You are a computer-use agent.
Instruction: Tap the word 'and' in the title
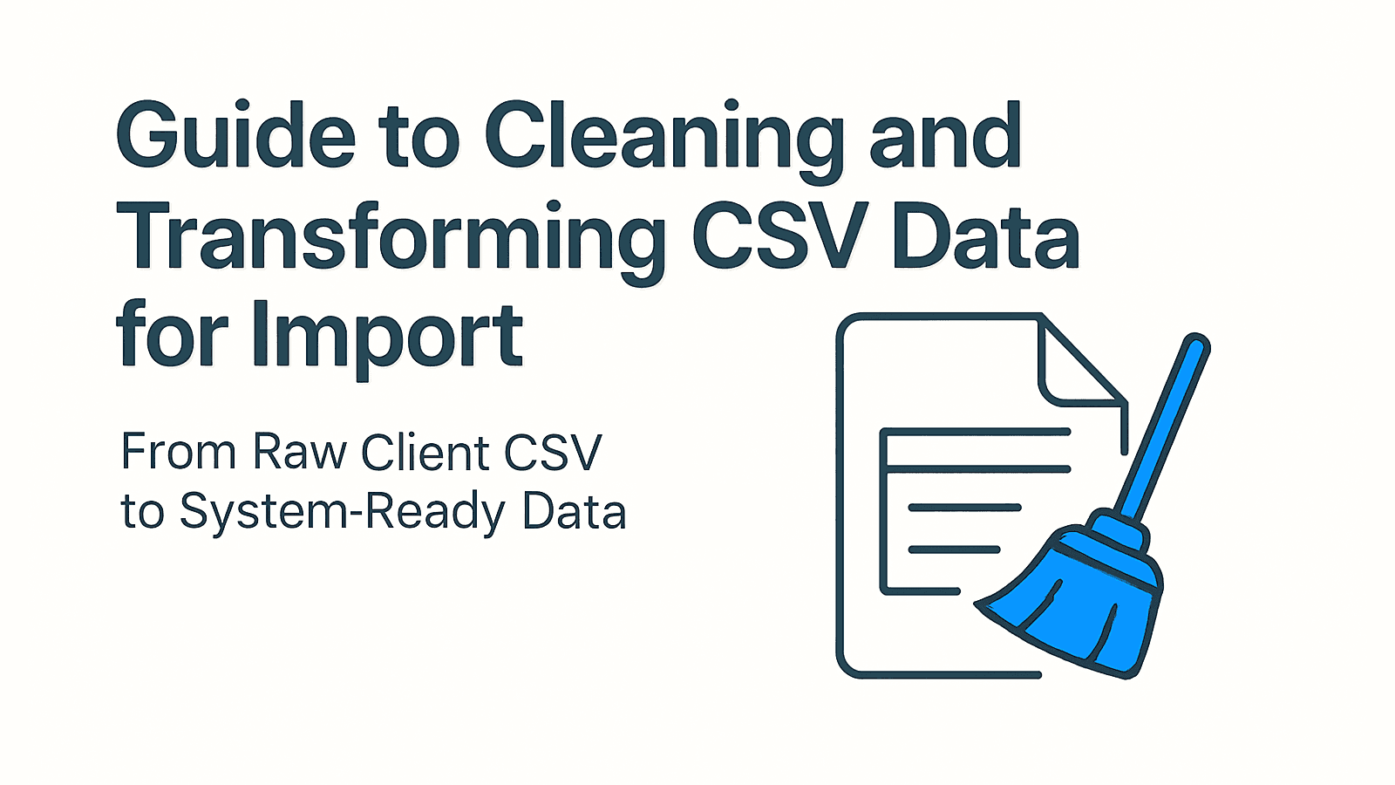pyautogui.click(x=945, y=134)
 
